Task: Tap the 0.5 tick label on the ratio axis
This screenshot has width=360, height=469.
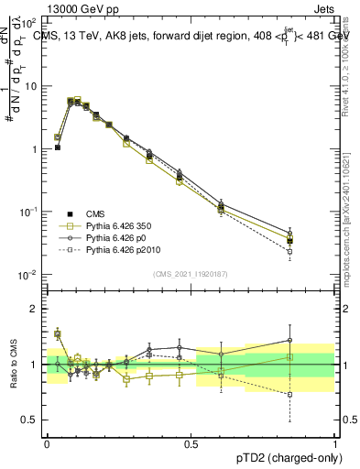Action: (x=32, y=420)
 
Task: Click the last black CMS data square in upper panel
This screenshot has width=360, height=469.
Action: (x=289, y=241)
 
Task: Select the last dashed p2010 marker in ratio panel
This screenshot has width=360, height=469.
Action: (x=289, y=395)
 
